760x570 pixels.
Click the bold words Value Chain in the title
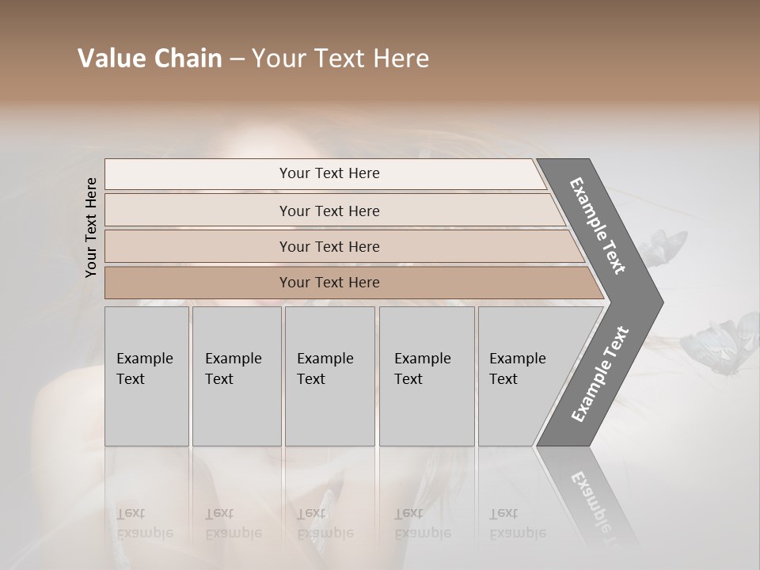(150, 59)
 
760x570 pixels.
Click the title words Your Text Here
(340, 59)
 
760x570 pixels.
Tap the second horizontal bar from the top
(329, 211)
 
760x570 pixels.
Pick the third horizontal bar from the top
(329, 246)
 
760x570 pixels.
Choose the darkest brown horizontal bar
(329, 283)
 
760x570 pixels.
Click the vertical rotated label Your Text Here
(91, 228)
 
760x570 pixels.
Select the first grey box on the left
(146, 376)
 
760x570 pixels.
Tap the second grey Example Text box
(236, 376)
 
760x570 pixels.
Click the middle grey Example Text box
(329, 376)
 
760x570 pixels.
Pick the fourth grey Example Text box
(426, 376)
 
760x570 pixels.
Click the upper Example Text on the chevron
(598, 226)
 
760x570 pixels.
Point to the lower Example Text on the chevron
(600, 374)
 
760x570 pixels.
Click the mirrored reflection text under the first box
(144, 522)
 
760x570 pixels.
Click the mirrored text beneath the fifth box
(516, 522)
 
